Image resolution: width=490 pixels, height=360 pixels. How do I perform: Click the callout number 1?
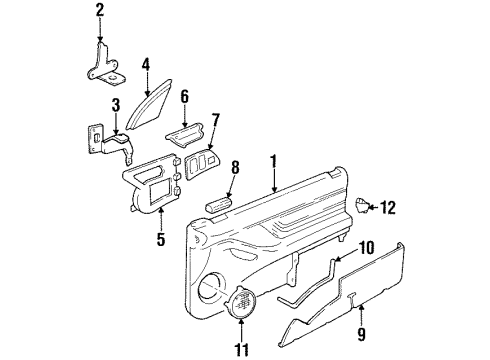(x=273, y=159)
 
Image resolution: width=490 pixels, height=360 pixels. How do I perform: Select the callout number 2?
(x=99, y=11)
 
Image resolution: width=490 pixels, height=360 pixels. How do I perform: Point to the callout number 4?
(x=146, y=67)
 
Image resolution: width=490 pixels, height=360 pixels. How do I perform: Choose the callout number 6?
(x=185, y=97)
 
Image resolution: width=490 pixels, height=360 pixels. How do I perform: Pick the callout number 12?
(x=390, y=208)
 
